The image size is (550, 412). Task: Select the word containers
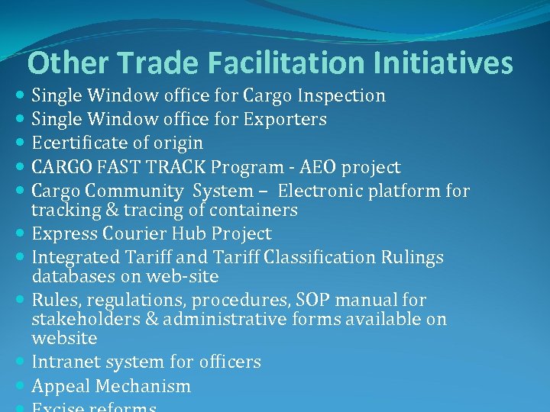tap(251, 210)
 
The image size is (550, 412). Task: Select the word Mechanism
tap(146, 386)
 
